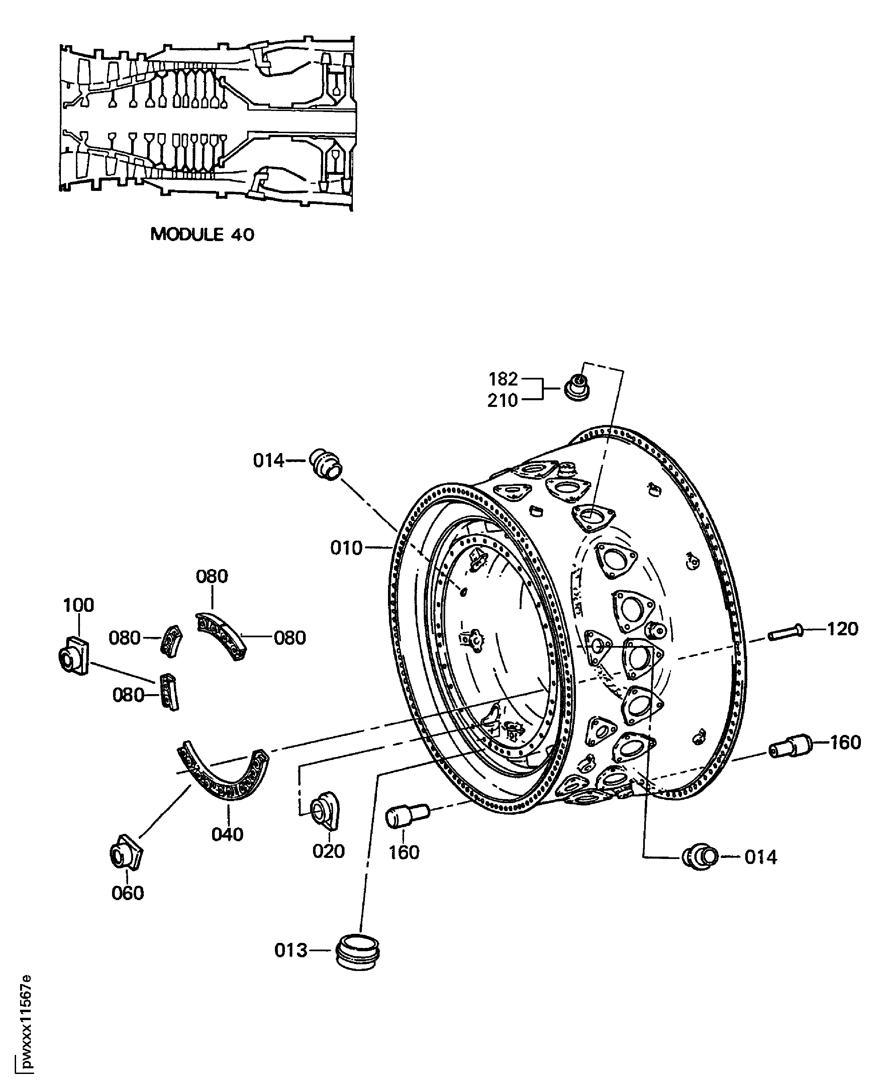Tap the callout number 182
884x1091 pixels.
503,379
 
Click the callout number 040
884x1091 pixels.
227,835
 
